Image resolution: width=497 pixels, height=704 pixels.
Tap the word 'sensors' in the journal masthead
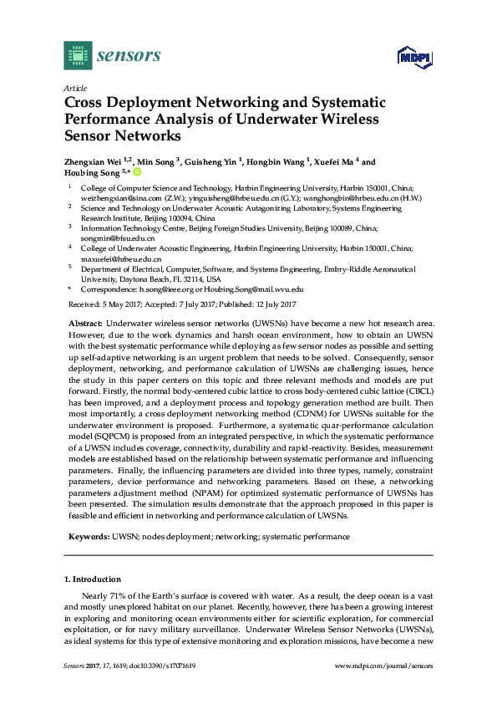pos(129,55)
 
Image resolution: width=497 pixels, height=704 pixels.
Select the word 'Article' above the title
pos(74,88)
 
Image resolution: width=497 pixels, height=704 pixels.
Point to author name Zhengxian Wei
pos(92,162)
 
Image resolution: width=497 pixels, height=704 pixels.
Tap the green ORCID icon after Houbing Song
pos(138,173)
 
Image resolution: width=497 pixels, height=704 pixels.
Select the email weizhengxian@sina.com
pos(114,200)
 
